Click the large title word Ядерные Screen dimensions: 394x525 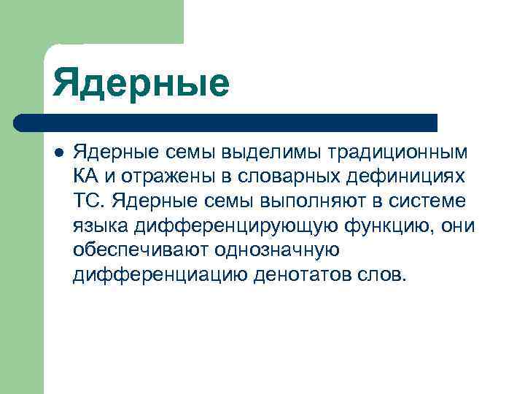(x=141, y=82)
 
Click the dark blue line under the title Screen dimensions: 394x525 (x=226, y=123)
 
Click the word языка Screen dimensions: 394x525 (x=96, y=225)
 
